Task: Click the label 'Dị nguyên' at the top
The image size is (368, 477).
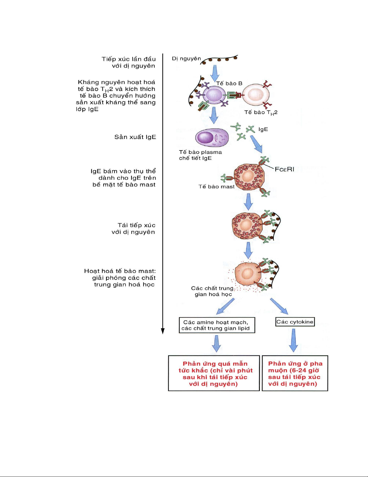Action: pyautogui.click(x=186, y=58)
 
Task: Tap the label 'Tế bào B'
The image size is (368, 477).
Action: pyautogui.click(x=229, y=83)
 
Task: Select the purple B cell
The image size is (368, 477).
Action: pyautogui.click(x=213, y=95)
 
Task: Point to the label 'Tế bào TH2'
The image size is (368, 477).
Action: pyautogui.click(x=261, y=113)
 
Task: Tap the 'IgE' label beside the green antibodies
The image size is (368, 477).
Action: pyautogui.click(x=263, y=129)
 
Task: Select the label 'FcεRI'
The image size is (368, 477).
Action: pyautogui.click(x=284, y=169)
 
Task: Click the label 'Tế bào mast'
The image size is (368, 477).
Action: pyautogui.click(x=216, y=187)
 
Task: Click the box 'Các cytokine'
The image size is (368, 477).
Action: pyautogui.click(x=295, y=322)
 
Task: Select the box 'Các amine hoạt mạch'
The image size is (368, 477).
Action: pyautogui.click(x=217, y=325)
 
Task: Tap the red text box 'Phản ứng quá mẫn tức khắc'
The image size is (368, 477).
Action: pyautogui.click(x=214, y=373)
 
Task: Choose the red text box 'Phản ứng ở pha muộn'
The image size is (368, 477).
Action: pyautogui.click(x=295, y=373)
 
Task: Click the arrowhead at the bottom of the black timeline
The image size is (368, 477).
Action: pyautogui.click(x=163, y=331)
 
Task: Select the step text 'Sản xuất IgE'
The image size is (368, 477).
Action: pyautogui.click(x=135, y=137)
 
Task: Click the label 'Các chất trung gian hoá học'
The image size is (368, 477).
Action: pyautogui.click(x=212, y=291)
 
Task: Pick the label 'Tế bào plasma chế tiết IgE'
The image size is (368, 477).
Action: pyautogui.click(x=200, y=155)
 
